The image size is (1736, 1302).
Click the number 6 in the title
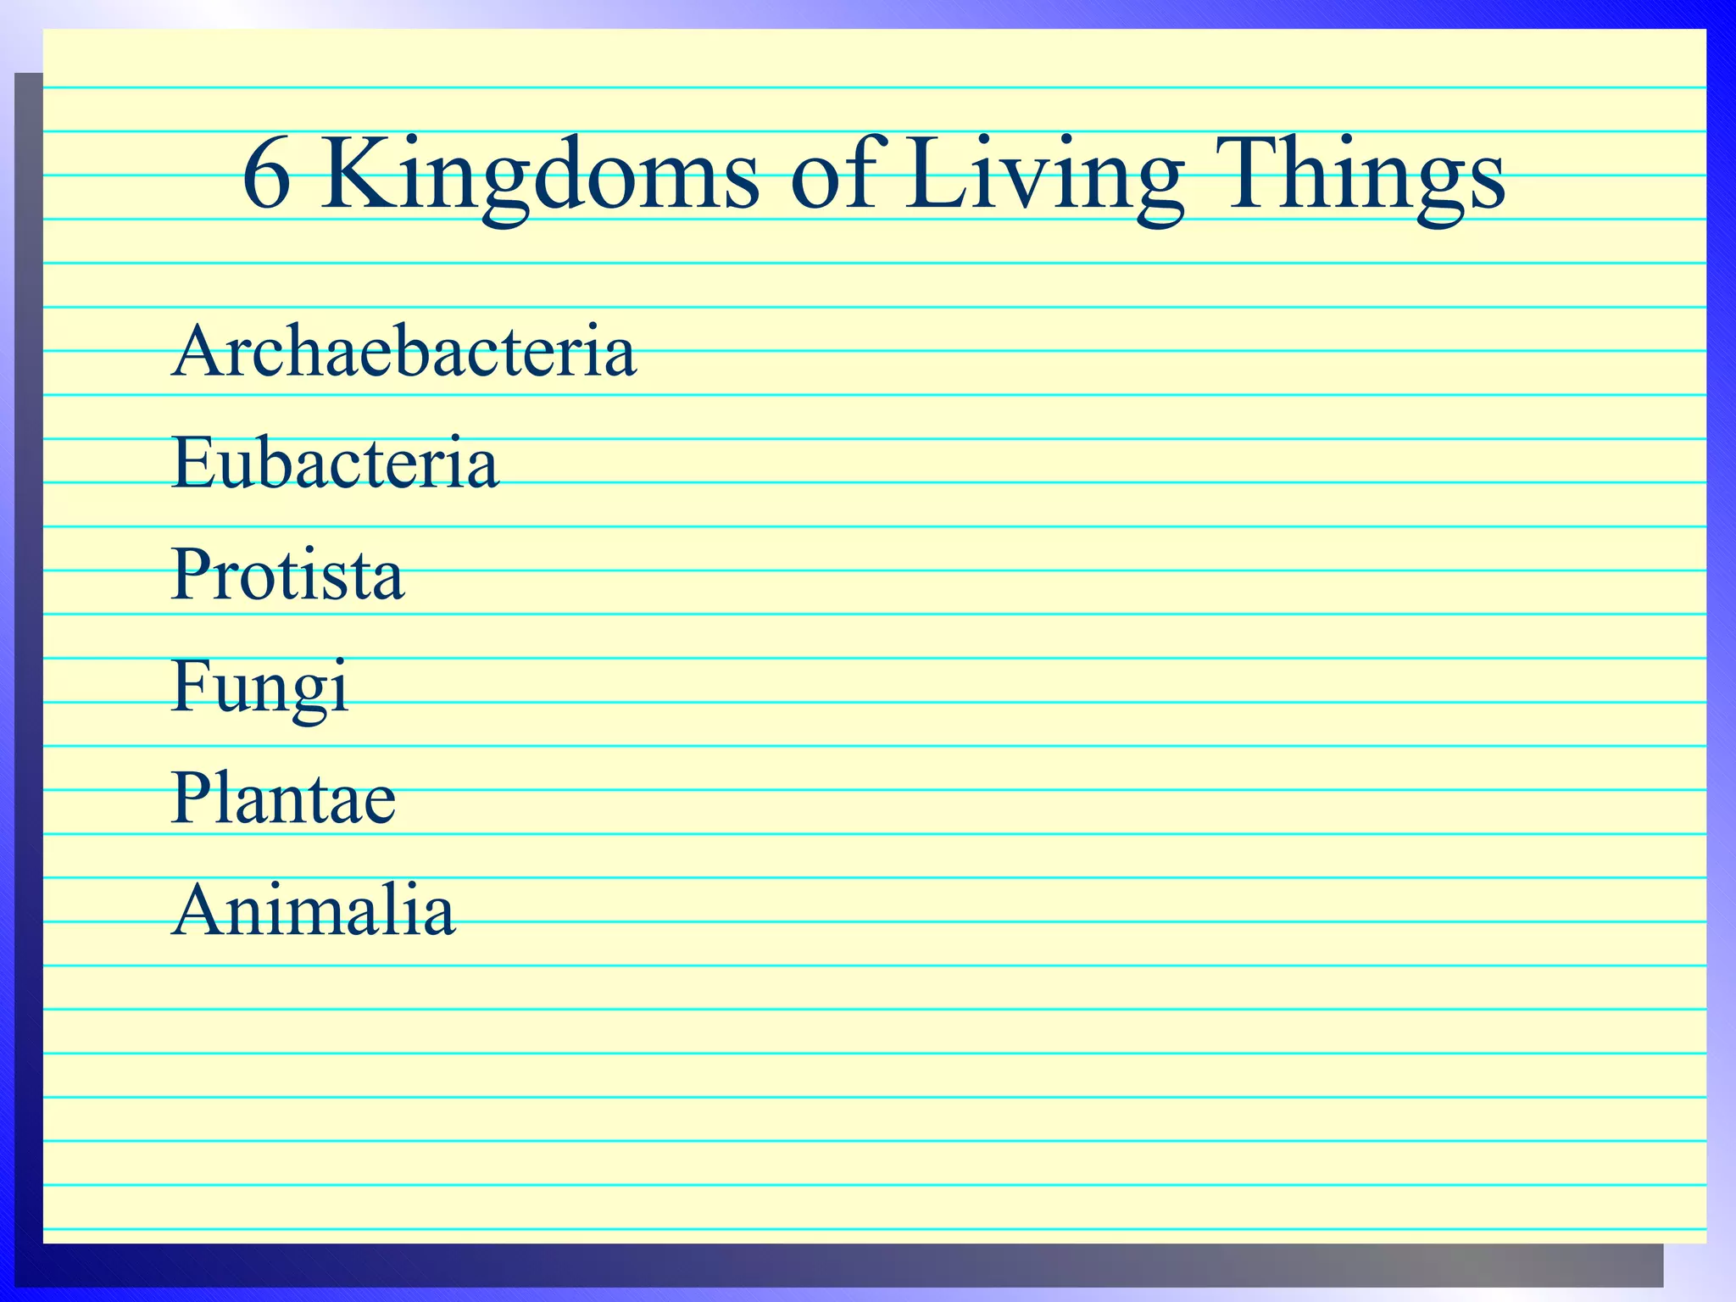tap(267, 174)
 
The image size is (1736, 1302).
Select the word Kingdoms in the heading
tap(539, 176)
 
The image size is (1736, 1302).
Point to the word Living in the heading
tap(1043, 176)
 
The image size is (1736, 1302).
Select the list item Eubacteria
tap(335, 463)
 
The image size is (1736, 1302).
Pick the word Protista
tap(288, 575)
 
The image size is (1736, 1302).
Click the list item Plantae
tap(283, 798)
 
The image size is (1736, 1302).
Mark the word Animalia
tap(314, 910)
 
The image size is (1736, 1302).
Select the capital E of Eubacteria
tap(193, 463)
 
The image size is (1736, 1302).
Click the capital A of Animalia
tap(201, 910)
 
